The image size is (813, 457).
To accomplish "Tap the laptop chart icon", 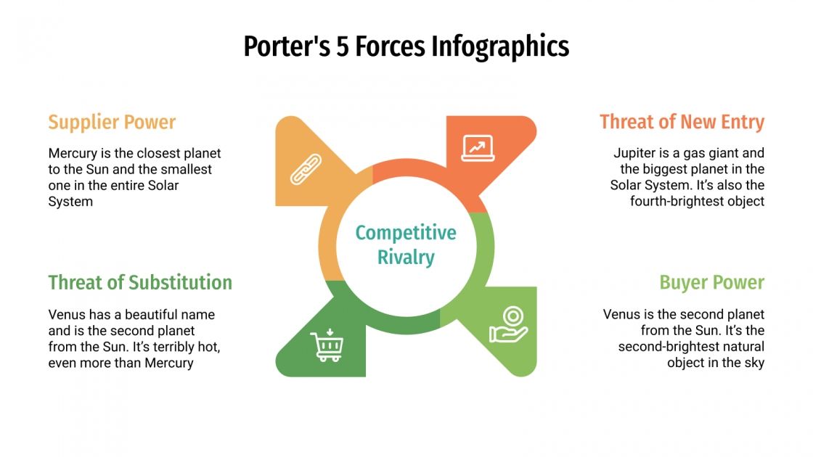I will [477, 148].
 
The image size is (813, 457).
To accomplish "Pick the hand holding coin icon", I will [507, 324].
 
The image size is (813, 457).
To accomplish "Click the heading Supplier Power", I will [112, 122].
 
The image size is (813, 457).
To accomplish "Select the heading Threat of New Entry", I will [682, 122].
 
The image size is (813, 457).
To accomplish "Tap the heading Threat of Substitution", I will [140, 282].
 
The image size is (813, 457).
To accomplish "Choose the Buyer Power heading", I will [711, 282].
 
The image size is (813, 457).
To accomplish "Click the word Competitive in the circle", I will [406, 233].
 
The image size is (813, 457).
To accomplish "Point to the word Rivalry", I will [406, 257].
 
